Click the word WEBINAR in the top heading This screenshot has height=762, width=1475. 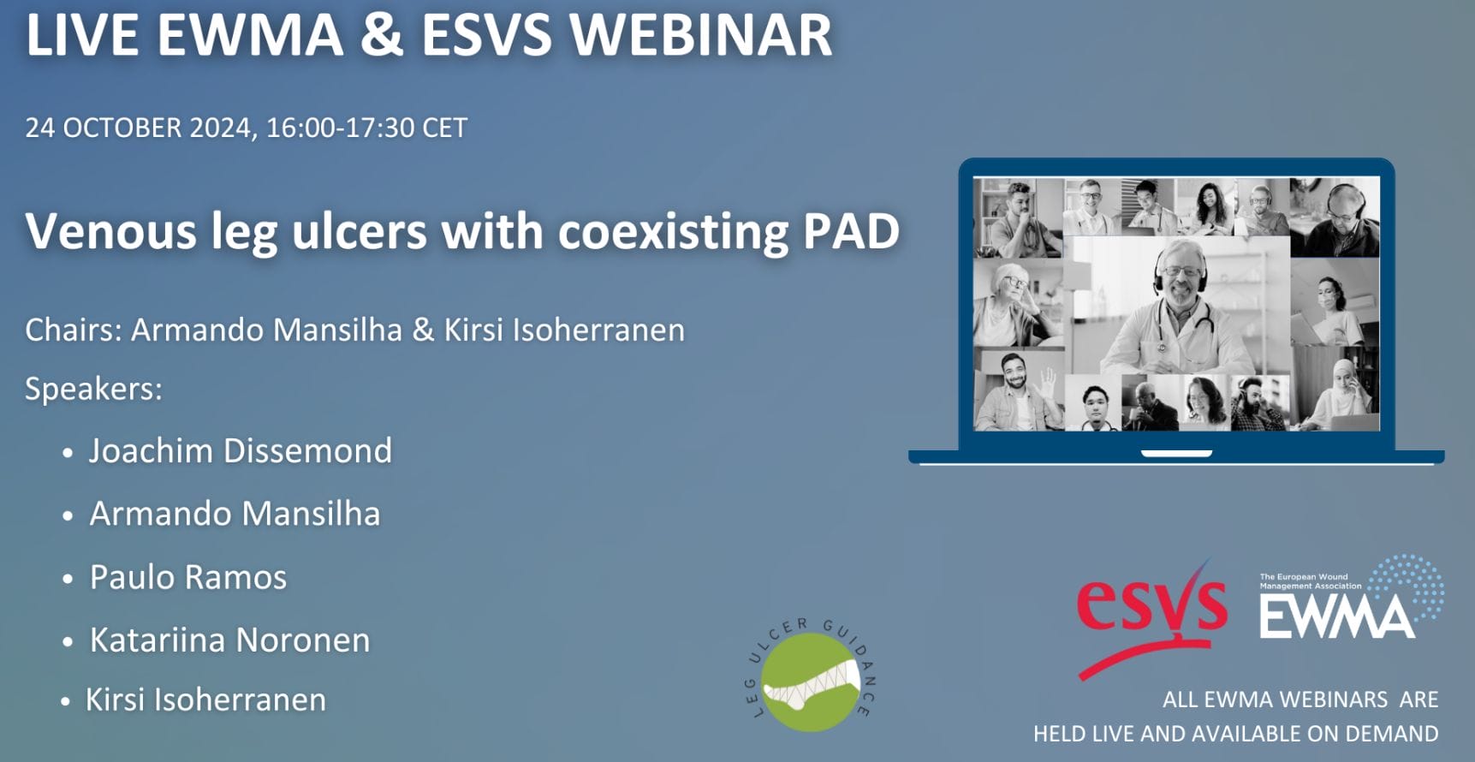[x=700, y=36]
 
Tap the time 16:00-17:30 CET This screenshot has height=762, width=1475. [x=366, y=128]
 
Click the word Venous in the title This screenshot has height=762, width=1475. [x=110, y=232]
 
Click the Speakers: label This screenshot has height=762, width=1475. [x=93, y=390]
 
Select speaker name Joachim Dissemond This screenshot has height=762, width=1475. [x=241, y=451]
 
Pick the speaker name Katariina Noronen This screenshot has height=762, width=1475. [x=229, y=640]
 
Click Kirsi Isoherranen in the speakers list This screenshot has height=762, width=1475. [x=205, y=700]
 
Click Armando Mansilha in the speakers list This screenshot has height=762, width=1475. [x=235, y=514]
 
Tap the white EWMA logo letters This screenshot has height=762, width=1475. [x=1336, y=616]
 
